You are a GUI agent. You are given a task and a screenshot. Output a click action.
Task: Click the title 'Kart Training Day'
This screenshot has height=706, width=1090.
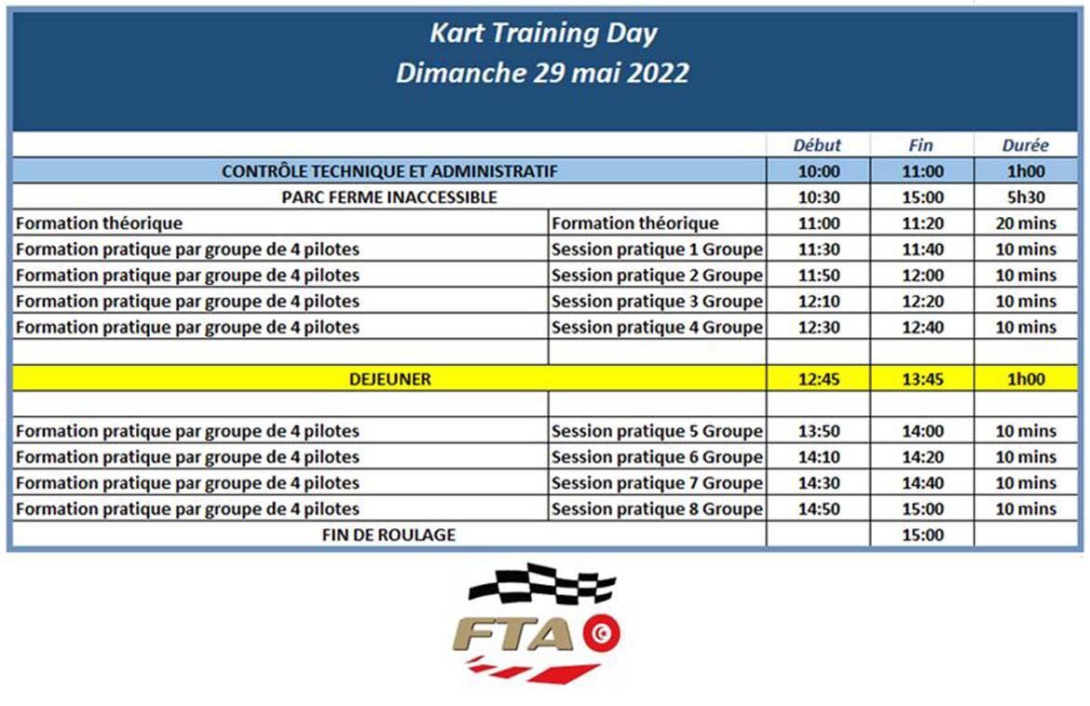(x=543, y=34)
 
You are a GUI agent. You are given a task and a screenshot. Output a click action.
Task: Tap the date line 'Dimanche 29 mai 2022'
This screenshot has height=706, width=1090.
(x=543, y=73)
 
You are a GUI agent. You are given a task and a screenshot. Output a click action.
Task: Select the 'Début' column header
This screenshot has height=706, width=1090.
(x=818, y=145)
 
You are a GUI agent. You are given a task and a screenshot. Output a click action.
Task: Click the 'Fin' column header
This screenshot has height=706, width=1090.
(x=921, y=145)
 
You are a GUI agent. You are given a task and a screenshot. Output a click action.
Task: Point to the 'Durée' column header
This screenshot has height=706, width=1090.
(x=1026, y=145)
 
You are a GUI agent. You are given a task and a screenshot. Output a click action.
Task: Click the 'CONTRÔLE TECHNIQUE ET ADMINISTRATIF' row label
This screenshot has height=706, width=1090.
(x=389, y=171)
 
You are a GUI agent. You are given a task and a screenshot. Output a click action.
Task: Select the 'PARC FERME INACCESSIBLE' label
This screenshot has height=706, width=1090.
(x=389, y=197)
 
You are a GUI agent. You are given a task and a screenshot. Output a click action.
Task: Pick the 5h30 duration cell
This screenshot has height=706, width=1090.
(x=1026, y=197)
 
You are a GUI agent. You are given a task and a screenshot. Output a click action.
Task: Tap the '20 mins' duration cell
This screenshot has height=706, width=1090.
(x=1026, y=223)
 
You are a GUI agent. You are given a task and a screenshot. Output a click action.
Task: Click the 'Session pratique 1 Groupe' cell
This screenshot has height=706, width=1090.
(x=657, y=250)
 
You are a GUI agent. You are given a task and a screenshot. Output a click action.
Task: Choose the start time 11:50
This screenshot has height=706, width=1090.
(x=819, y=275)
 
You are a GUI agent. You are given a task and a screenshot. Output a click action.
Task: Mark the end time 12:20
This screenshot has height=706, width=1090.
(x=922, y=302)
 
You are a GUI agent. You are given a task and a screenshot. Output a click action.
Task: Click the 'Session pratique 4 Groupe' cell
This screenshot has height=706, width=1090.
(x=657, y=327)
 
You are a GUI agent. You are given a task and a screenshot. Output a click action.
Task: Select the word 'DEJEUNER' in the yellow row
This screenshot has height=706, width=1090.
(x=390, y=379)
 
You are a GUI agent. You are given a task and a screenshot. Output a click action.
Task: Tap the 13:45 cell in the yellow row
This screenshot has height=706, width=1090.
(x=922, y=379)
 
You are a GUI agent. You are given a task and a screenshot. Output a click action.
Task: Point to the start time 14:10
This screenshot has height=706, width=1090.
(x=819, y=457)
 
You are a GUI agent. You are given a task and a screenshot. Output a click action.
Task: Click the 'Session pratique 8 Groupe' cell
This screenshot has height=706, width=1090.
(x=657, y=509)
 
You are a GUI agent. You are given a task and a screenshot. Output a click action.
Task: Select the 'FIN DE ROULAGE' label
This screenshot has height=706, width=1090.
(x=389, y=535)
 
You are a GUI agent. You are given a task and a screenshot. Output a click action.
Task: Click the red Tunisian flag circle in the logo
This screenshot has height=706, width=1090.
(x=601, y=633)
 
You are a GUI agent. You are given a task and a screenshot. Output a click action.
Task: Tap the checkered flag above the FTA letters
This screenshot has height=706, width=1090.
(x=542, y=584)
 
